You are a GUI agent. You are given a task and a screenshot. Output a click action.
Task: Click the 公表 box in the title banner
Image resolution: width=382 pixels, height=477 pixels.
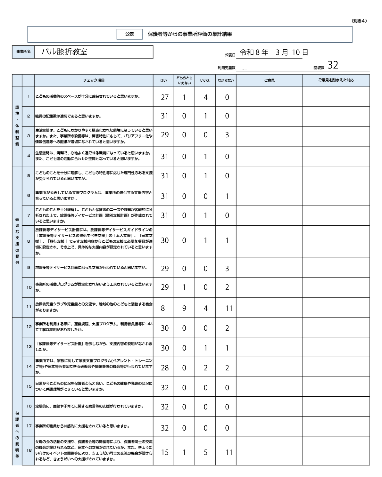click(x=129, y=34)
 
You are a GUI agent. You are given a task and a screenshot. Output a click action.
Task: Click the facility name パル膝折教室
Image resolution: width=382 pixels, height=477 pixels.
click(x=64, y=52)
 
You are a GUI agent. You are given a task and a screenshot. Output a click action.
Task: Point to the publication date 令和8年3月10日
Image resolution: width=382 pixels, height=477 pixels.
click(x=274, y=53)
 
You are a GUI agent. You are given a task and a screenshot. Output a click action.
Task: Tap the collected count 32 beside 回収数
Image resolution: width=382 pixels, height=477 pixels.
click(x=333, y=65)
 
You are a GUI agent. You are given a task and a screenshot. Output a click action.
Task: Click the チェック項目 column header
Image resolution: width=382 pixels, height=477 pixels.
click(x=94, y=81)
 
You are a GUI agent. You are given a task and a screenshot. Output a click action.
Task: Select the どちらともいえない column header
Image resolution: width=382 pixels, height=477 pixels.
click(x=184, y=81)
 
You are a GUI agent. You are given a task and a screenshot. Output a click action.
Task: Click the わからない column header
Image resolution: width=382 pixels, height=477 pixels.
click(x=226, y=81)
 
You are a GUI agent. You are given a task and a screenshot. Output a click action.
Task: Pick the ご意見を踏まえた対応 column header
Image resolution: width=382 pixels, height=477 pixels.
click(x=336, y=80)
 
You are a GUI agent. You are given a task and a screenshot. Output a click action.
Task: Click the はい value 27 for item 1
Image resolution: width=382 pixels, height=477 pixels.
click(x=164, y=97)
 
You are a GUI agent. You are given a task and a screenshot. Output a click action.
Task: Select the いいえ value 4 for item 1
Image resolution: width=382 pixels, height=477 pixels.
click(x=205, y=97)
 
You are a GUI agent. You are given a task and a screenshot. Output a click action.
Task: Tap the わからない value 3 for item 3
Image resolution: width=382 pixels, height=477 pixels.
click(x=227, y=135)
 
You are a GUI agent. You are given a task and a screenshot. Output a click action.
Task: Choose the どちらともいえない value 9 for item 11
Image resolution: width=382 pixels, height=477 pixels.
click(x=184, y=308)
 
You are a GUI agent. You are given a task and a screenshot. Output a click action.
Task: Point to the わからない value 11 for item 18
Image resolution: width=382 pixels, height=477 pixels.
click(x=229, y=453)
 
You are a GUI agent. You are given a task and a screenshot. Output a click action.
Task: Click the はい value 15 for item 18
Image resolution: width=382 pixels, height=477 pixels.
click(x=164, y=453)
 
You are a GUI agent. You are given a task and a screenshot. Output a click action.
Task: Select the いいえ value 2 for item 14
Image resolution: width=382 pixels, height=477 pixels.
click(x=205, y=368)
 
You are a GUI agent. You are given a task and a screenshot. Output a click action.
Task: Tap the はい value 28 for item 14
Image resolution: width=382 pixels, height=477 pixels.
click(x=164, y=368)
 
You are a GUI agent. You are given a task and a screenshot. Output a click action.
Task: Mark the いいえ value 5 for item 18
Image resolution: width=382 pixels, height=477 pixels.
click(x=205, y=453)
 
